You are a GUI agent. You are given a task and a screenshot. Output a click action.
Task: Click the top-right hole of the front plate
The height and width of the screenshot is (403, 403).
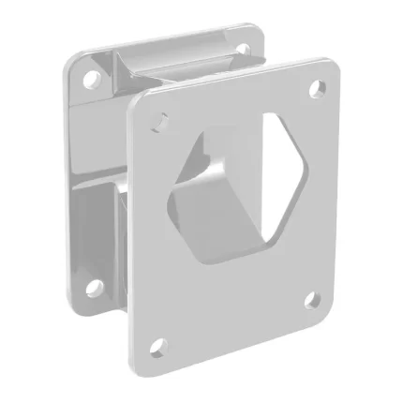tap(318, 88)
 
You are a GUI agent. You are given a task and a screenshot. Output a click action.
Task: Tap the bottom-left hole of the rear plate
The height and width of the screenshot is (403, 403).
tap(92, 285)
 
